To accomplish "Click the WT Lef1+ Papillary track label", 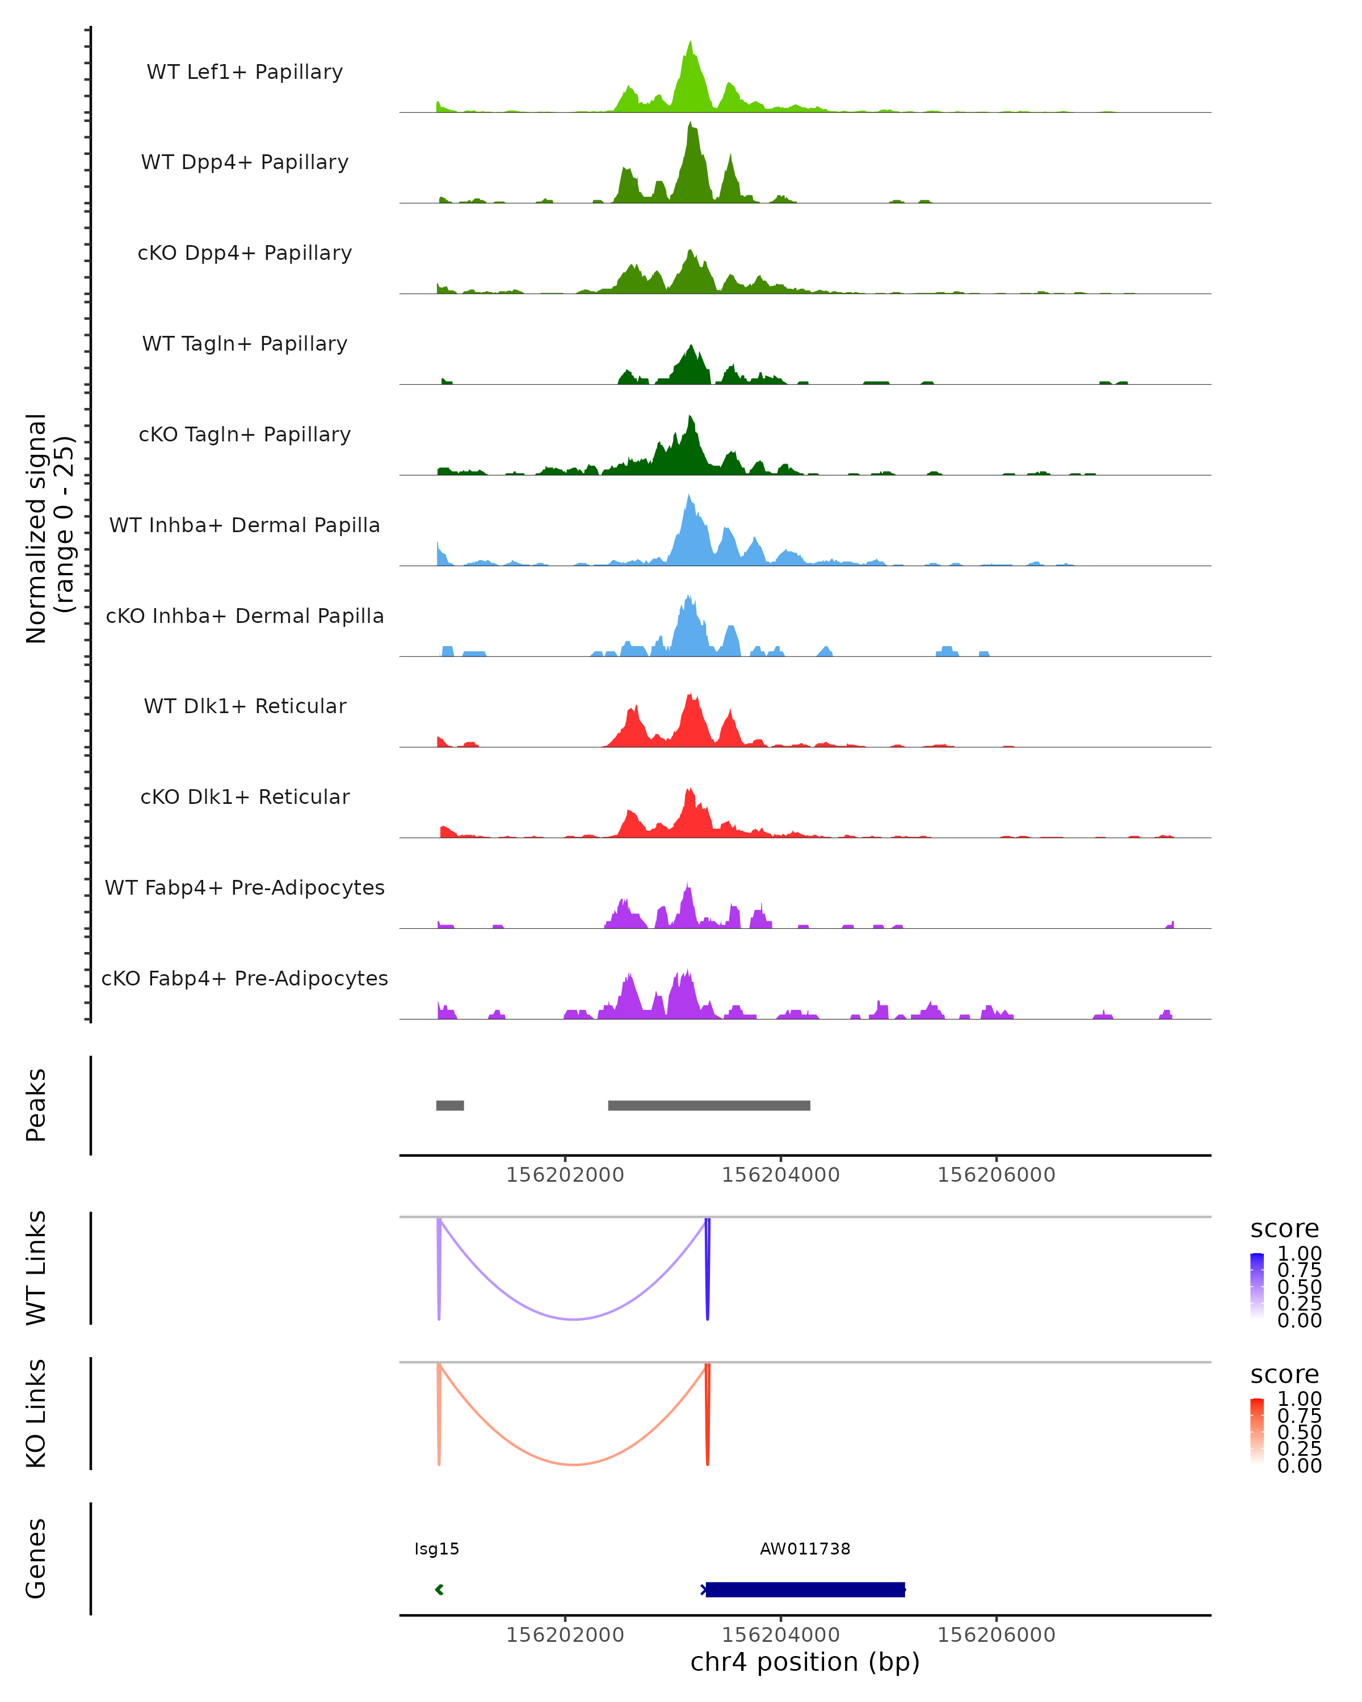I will (x=245, y=72).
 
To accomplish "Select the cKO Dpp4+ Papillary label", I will (x=245, y=252).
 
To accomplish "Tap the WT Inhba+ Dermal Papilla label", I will (x=245, y=525).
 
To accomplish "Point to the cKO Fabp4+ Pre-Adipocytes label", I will (x=245, y=978).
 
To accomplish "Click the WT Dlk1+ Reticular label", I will (x=245, y=706).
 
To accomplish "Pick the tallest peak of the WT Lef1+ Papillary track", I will (x=691, y=44).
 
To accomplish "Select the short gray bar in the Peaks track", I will (x=450, y=1105).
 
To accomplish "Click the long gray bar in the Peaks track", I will (x=709, y=1105).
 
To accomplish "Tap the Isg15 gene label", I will (x=436, y=1549).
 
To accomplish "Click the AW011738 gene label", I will (x=805, y=1549).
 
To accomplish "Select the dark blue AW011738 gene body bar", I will (x=805, y=1589).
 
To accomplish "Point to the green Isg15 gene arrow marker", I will (x=439, y=1589).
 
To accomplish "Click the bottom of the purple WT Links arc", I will (x=574, y=1319).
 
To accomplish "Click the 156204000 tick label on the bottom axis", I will (x=780, y=1635).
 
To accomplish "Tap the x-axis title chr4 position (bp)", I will (x=805, y=1662).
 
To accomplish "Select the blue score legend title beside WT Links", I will (x=1284, y=1229).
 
